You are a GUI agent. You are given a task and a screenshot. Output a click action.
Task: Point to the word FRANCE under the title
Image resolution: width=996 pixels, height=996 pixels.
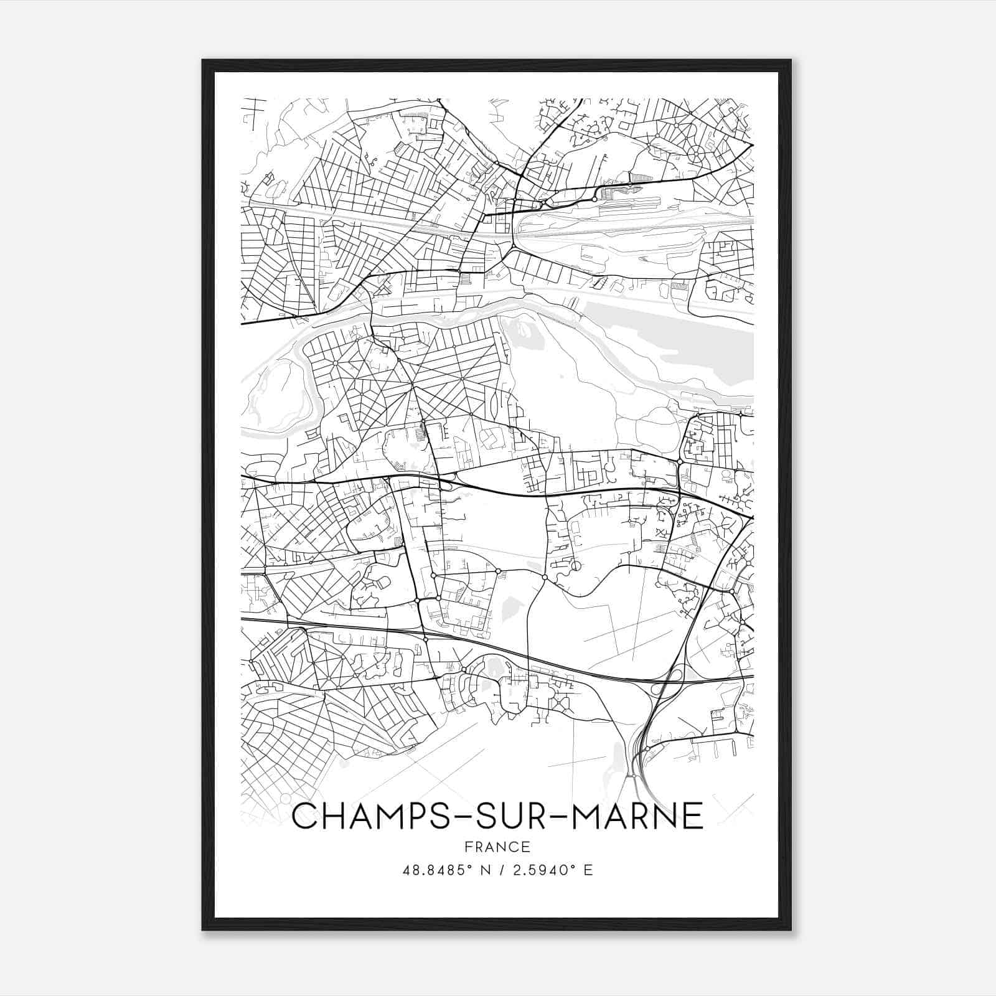497,847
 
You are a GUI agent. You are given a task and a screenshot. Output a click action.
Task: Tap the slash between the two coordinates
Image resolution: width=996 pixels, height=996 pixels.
500,870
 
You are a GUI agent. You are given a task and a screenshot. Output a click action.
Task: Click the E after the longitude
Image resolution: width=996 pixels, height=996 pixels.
588,870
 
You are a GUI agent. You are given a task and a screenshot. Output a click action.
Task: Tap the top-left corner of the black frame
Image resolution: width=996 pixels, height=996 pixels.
203,61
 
